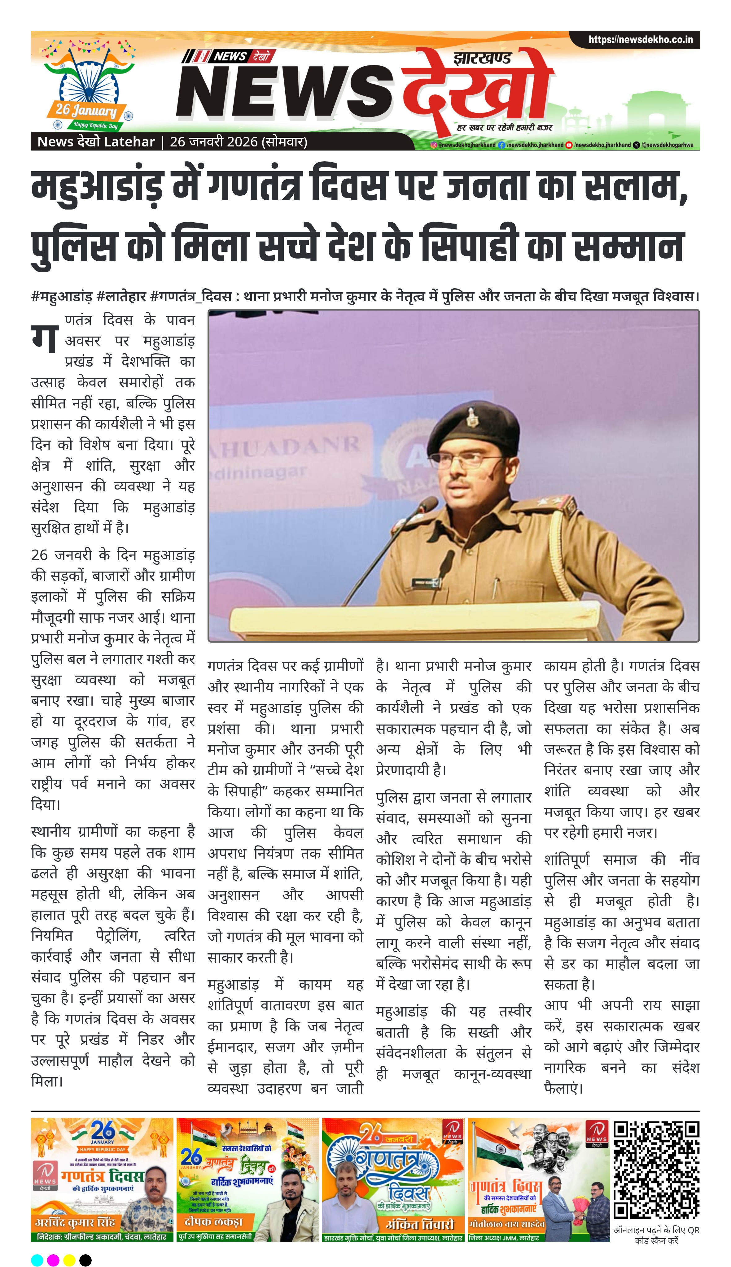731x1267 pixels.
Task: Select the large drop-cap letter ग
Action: [x=45, y=339]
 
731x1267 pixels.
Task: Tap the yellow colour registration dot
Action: [x=69, y=1260]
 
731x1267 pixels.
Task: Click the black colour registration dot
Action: [x=85, y=1260]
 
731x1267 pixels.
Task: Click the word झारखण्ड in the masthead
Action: [x=482, y=59]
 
